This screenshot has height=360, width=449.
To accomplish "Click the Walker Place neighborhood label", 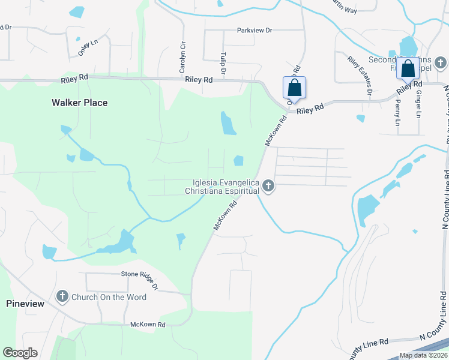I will point(79,103).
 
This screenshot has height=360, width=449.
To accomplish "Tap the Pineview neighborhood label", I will point(25,304).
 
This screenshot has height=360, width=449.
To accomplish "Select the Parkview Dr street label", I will point(255,30).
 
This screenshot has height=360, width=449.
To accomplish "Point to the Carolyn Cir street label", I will point(181,55).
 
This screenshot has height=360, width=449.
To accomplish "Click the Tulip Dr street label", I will point(223,63).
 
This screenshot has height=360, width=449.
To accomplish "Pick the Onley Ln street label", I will point(88,48).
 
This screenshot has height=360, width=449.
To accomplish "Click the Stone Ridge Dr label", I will point(139,281).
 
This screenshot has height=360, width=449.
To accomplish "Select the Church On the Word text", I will point(109,297).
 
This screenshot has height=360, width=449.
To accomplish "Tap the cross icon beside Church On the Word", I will point(62,296).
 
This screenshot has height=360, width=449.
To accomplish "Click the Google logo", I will point(20,353).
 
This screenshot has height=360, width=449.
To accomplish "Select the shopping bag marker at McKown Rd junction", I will point(294,88).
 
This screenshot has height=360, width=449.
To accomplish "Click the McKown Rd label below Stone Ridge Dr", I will point(148,325).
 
